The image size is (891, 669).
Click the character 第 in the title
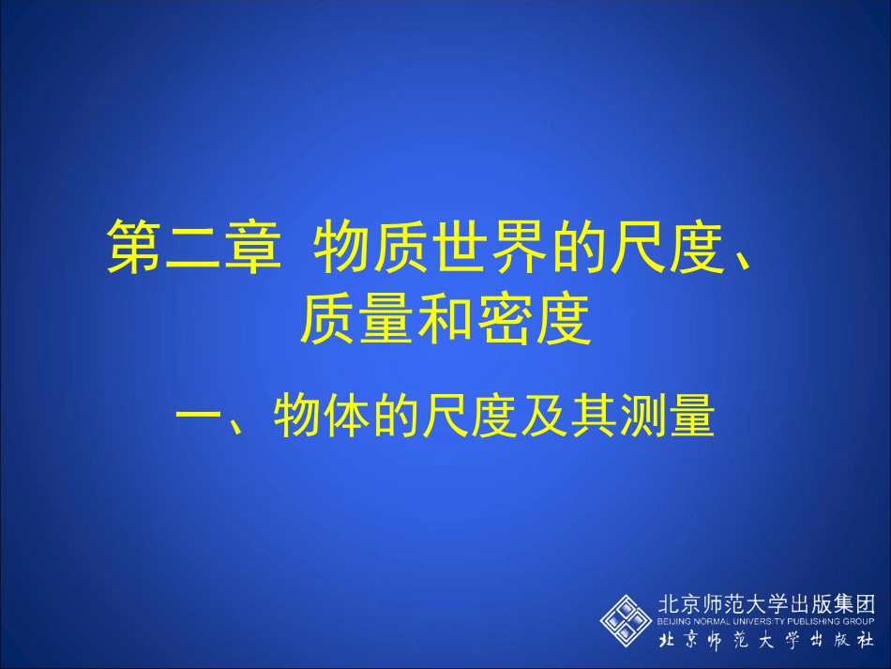[134, 247]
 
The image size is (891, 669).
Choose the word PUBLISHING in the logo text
[814, 622]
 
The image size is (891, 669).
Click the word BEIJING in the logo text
[674, 622]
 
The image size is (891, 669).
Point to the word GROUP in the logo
[859, 622]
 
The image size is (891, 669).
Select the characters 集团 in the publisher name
[853, 604]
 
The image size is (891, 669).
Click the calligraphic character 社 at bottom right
[864, 641]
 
